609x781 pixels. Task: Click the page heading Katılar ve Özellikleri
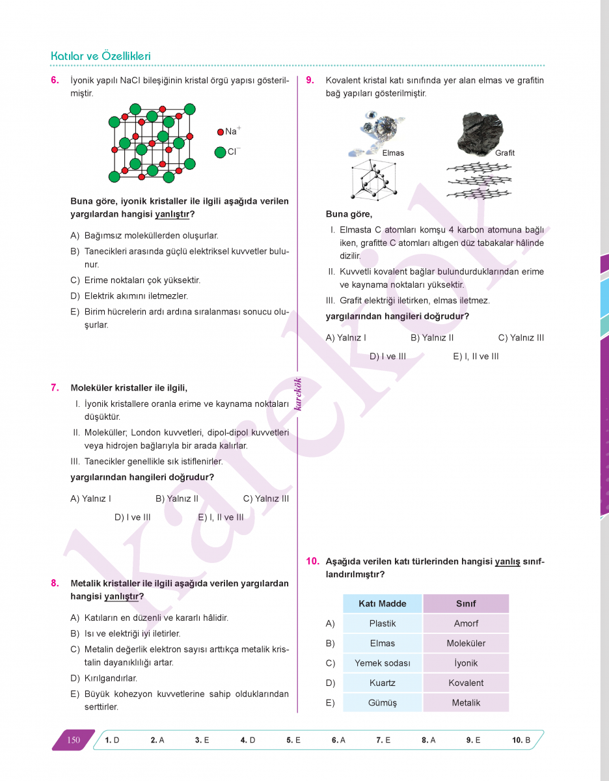101,57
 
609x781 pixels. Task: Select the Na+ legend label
232,131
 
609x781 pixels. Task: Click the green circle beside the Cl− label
220,152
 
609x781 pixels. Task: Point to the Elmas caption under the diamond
393,153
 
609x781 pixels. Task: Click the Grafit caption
504,153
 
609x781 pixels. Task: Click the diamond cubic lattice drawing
373,178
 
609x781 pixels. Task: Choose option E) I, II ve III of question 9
476,356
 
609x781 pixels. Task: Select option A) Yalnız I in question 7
90,499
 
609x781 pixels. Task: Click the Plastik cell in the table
383,623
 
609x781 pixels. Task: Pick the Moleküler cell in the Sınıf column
466,643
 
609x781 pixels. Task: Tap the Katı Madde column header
383,603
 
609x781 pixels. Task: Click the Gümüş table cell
383,703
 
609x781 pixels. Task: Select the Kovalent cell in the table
466,683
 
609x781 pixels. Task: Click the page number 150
74,740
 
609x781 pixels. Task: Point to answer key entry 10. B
521,740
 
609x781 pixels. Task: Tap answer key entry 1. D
112,740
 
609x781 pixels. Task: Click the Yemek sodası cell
383,663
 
